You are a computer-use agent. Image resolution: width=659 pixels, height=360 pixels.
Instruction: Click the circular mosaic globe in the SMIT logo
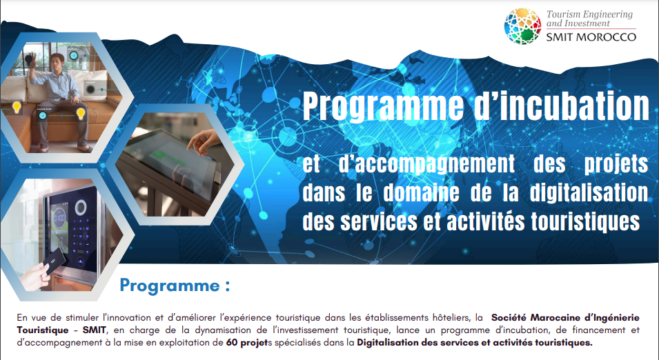[522, 26]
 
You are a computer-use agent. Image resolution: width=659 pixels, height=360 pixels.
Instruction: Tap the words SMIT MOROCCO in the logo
[591, 37]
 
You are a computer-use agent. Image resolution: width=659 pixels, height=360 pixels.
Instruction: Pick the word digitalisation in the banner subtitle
[588, 193]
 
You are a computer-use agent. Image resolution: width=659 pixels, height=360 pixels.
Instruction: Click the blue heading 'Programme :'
[175, 285]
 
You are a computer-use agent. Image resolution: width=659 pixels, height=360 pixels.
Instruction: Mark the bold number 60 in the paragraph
[232, 342]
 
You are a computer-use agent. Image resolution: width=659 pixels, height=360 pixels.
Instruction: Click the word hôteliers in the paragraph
[450, 317]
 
